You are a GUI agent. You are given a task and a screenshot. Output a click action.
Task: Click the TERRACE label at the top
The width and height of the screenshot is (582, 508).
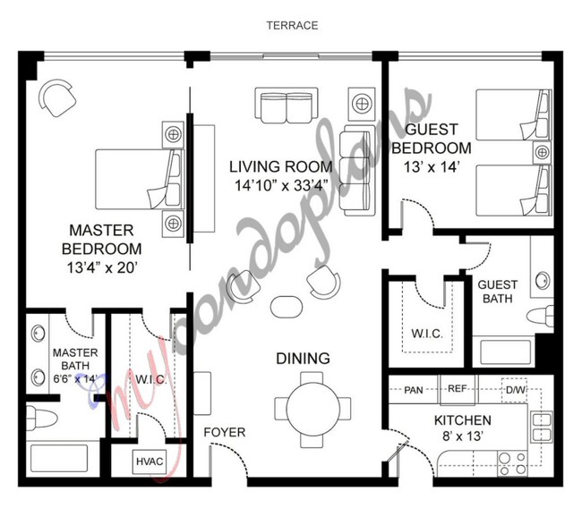click(291, 25)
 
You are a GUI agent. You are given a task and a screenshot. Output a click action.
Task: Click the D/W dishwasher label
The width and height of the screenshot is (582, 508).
click(515, 390)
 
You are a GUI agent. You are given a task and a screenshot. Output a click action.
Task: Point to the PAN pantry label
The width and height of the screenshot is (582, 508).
click(413, 390)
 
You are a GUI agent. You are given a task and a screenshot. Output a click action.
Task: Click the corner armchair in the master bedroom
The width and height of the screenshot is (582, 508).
click(58, 97)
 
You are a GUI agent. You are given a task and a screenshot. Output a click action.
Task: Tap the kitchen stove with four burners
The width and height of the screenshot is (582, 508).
click(515, 463)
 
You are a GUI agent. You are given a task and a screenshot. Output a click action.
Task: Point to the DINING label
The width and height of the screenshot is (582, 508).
click(303, 359)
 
